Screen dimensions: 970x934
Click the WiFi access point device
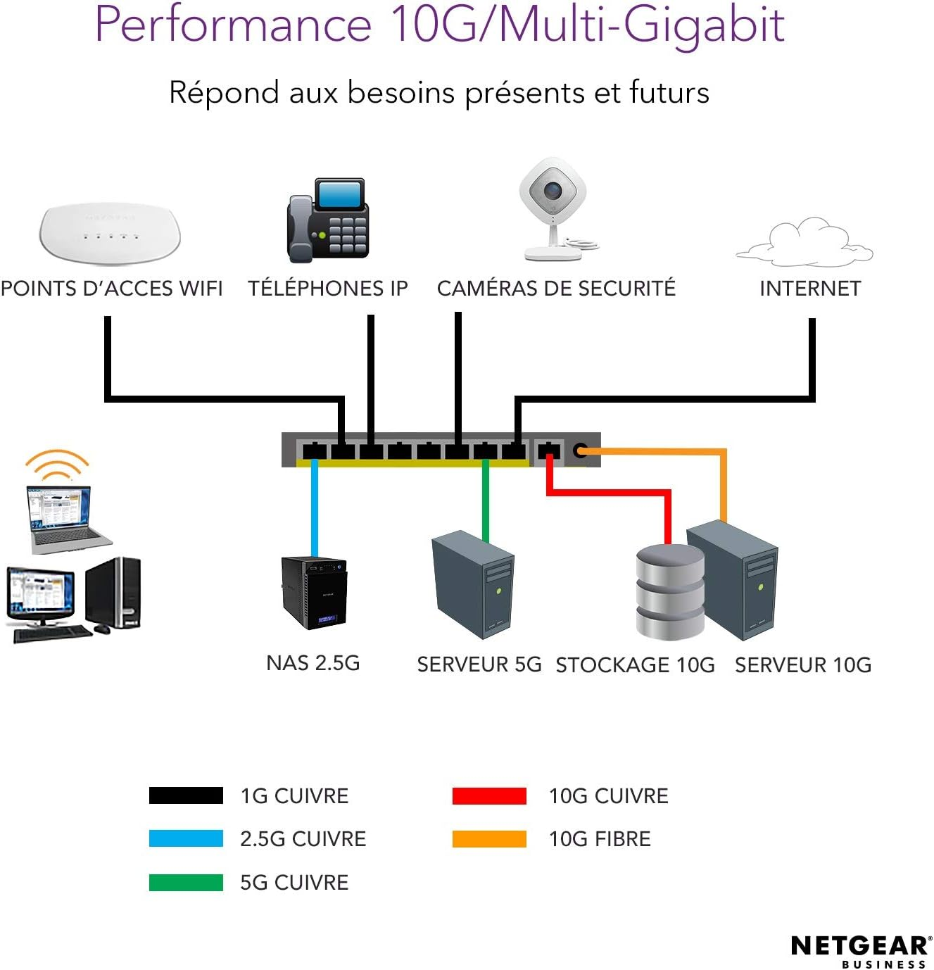coord(110,233)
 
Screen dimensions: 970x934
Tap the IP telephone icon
coord(327,220)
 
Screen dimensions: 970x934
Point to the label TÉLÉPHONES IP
coord(327,289)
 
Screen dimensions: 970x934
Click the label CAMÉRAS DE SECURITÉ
coord(556,289)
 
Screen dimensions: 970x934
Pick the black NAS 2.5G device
coord(314,592)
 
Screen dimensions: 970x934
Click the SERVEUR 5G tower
coord(472,584)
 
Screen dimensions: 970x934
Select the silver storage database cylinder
coord(669,592)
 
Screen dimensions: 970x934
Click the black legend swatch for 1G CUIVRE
coord(186,795)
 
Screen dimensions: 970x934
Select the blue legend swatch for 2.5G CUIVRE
coord(186,838)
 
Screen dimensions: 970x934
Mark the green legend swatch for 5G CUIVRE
coord(186,882)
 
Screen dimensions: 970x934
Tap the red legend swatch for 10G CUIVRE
coord(489,795)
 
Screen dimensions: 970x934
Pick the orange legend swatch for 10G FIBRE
coord(489,838)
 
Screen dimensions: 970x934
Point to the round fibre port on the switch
coord(580,451)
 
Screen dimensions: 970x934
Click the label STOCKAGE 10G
coord(635,665)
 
